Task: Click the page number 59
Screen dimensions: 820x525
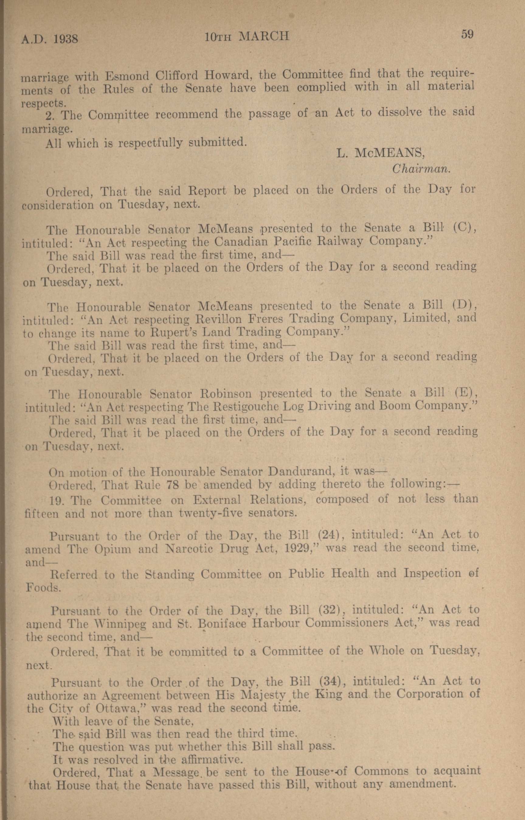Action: (467, 34)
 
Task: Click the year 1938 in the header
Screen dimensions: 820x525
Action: (66, 39)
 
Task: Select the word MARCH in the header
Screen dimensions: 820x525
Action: (264, 36)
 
